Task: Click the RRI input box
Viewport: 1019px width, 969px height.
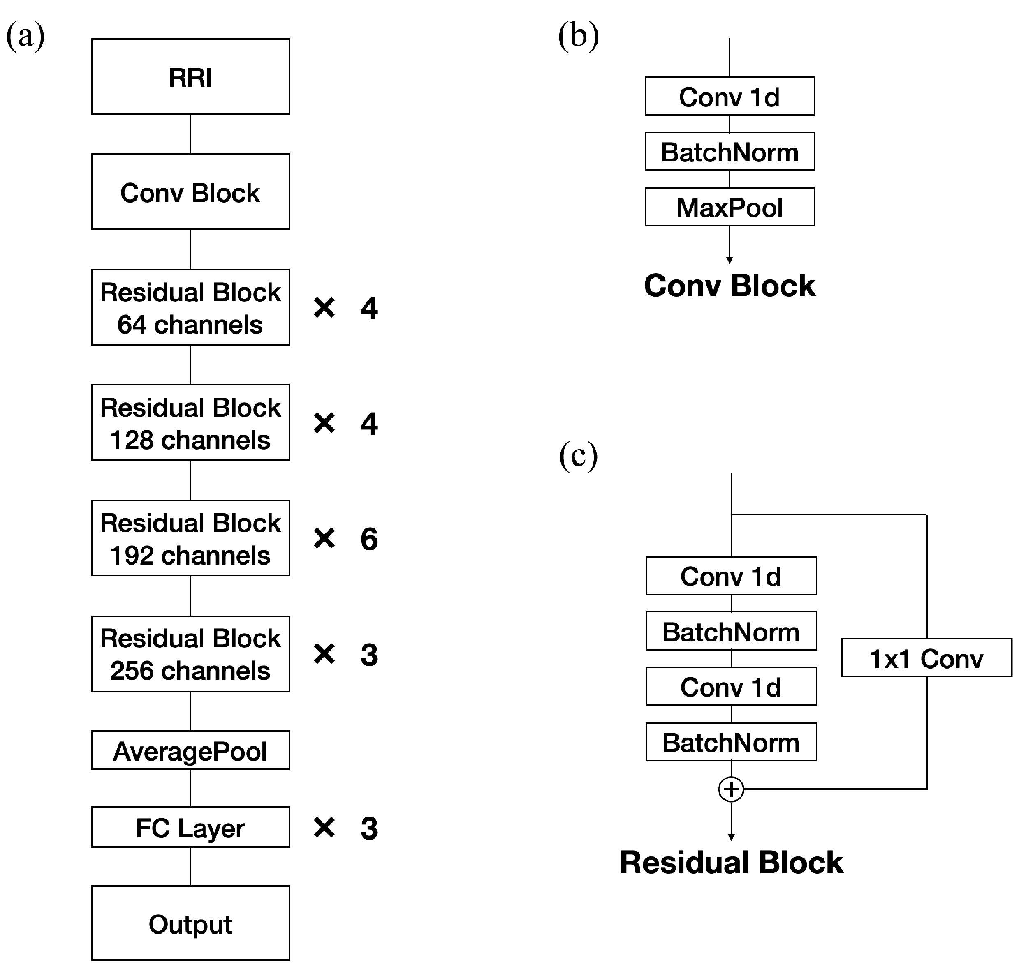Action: [x=190, y=76]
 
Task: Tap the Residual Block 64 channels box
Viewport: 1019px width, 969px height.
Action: [x=190, y=307]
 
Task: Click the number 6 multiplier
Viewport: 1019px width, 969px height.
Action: [x=368, y=539]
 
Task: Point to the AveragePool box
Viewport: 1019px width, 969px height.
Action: [x=190, y=750]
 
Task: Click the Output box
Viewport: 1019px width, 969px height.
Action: [x=190, y=923]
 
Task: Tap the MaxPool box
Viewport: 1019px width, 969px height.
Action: [x=730, y=207]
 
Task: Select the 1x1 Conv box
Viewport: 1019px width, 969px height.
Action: [x=926, y=658]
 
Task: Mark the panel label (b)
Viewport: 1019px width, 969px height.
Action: [x=579, y=36]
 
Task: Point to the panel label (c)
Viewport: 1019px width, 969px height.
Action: [x=579, y=456]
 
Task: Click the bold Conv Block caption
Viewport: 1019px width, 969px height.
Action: [x=730, y=286]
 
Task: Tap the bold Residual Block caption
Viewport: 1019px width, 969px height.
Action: [x=731, y=863]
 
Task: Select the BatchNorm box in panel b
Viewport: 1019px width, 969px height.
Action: [x=730, y=151]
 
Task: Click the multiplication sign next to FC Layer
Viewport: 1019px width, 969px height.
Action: [x=324, y=828]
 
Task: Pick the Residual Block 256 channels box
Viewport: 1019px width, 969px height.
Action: [x=190, y=653]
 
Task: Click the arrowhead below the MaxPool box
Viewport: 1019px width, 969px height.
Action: [x=730, y=260]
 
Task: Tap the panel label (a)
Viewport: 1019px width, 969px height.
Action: [x=25, y=36]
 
